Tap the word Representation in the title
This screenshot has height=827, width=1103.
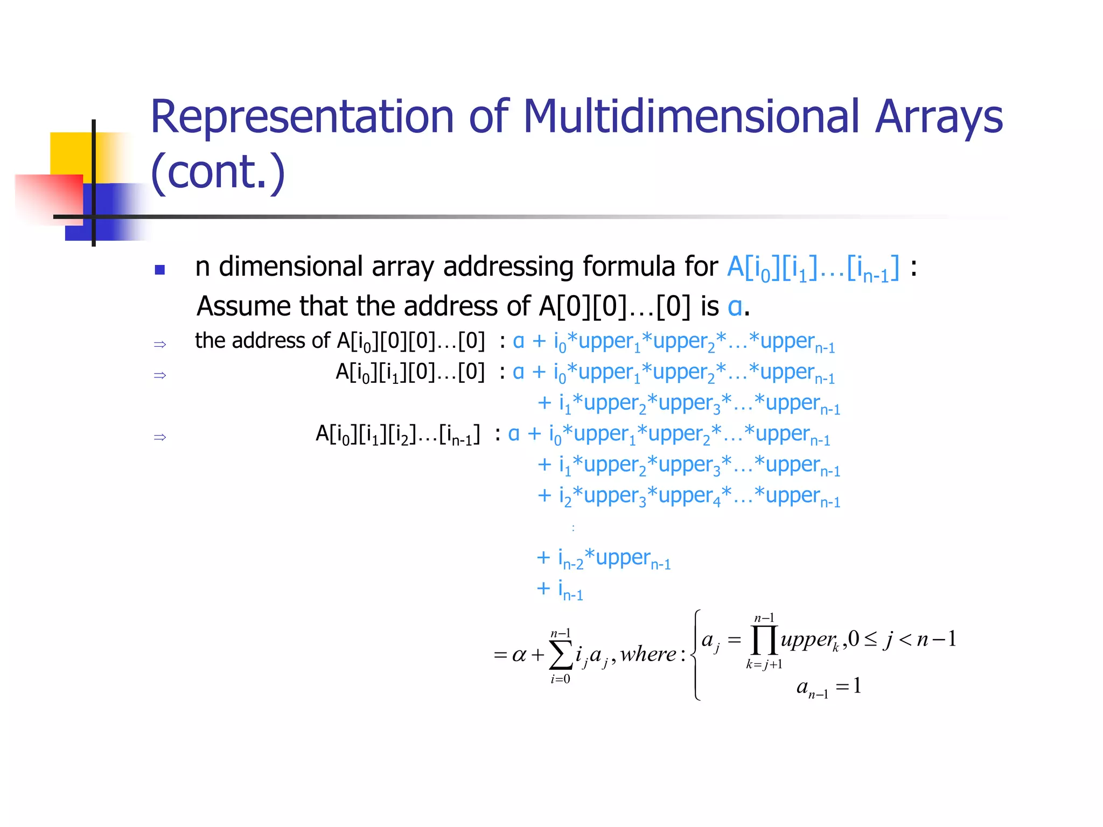click(302, 117)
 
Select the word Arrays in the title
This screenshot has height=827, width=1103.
click(939, 118)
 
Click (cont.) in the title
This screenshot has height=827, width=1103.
click(218, 172)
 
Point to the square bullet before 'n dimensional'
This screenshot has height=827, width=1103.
click(159, 270)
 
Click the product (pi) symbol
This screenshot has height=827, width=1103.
click(764, 640)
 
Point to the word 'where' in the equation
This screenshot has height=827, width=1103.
click(648, 654)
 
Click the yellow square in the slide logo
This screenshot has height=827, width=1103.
click(73, 153)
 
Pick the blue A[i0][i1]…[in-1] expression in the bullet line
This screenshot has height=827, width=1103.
click(813, 268)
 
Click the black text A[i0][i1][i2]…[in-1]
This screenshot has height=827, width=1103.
click(397, 434)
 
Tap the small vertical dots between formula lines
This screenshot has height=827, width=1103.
click(573, 528)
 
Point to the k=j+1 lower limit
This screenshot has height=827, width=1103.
click(764, 664)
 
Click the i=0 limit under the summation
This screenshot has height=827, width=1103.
click(560, 679)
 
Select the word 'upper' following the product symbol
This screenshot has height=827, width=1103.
click(807, 640)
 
